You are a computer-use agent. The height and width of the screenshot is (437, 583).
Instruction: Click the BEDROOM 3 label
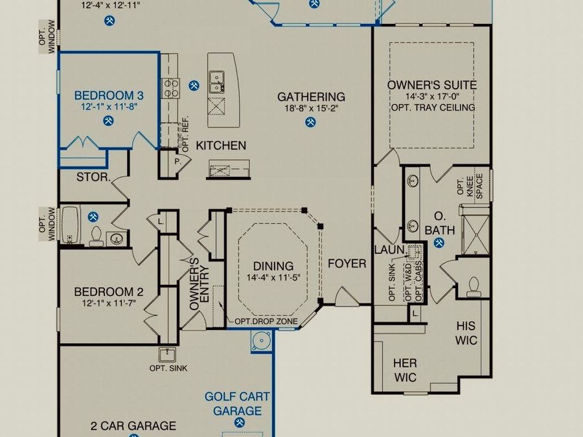109,96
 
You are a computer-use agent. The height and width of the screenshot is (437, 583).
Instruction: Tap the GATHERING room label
311,97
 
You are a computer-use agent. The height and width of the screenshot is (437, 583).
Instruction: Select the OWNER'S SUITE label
432,85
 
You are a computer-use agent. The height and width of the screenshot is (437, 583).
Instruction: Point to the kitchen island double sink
216,82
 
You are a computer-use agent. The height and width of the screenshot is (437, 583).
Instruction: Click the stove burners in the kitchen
170,89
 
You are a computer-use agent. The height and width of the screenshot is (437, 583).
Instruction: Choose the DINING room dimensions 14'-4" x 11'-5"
273,278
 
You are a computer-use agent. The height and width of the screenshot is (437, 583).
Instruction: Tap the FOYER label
347,264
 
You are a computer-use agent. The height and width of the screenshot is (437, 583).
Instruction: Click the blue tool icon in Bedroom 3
108,121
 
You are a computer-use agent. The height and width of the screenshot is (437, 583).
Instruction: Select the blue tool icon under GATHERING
310,122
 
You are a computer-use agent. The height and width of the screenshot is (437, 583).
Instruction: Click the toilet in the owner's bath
474,287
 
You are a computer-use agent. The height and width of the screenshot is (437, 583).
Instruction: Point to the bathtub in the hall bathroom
71,225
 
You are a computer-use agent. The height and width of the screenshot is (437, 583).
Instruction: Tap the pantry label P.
177,162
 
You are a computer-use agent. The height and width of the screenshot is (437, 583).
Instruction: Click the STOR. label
94,177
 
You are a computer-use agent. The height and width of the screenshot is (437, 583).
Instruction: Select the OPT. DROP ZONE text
266,321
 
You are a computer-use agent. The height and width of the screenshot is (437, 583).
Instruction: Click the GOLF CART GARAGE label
237,403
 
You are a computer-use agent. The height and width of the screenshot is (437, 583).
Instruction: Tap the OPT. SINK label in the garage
168,368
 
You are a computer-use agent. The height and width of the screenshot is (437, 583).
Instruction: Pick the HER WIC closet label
406,370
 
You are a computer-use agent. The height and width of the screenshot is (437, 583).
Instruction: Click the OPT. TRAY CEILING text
433,107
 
